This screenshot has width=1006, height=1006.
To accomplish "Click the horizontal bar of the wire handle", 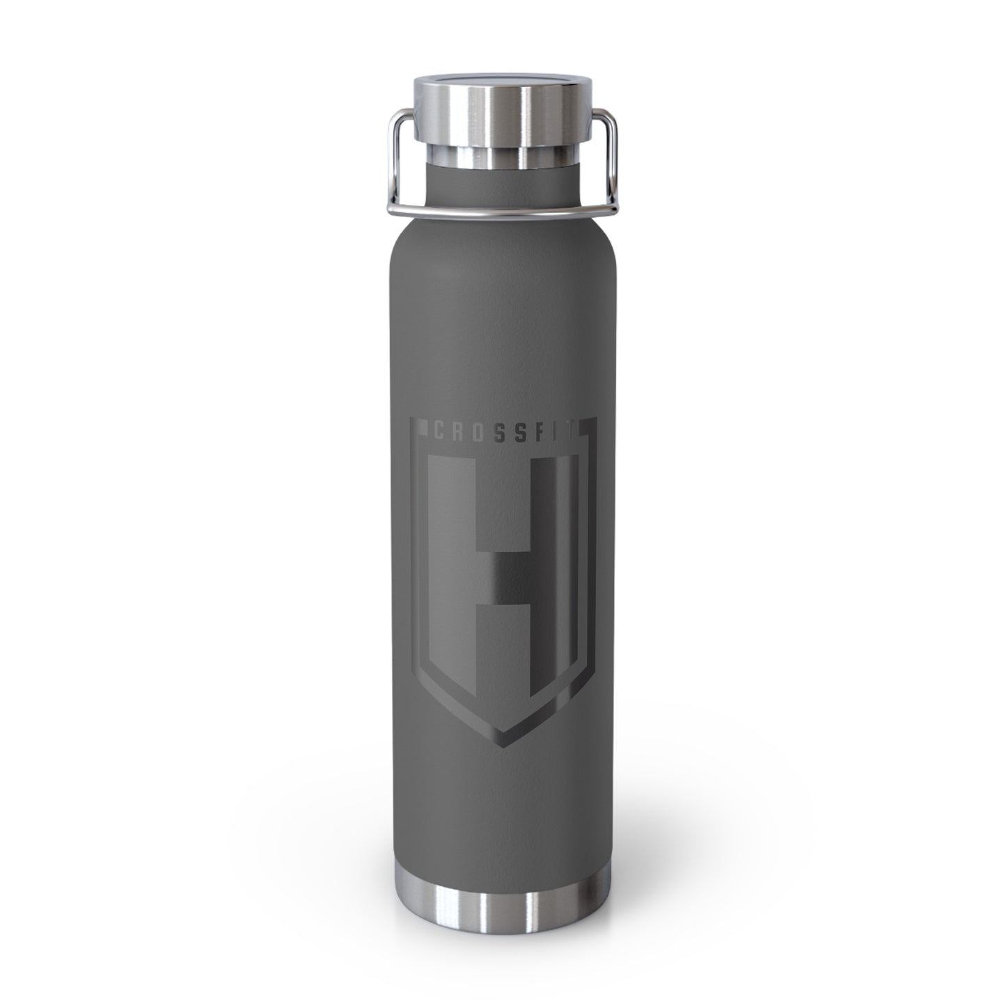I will [x=503, y=212].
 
